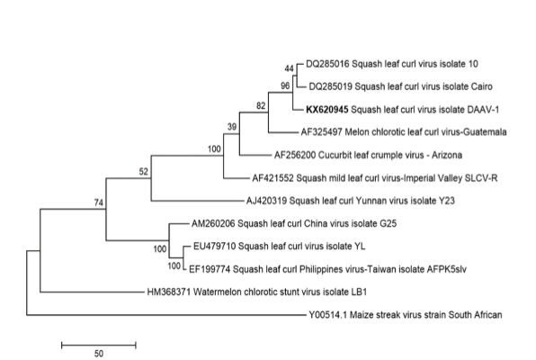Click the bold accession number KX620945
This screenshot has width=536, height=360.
[327, 110]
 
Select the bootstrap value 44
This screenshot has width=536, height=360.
[290, 68]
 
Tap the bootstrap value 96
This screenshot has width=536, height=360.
[285, 85]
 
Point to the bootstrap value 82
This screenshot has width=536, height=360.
[261, 105]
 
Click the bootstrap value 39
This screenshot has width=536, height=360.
[232, 127]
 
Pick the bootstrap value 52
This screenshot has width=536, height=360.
[144, 171]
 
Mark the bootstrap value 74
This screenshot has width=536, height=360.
[98, 202]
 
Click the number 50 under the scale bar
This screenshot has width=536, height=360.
[99, 354]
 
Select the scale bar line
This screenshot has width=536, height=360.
[99, 345]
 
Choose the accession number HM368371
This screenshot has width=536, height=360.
[169, 292]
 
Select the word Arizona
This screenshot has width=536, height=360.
[447, 155]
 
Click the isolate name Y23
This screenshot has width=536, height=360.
[447, 201]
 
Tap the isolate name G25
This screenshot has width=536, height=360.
[389, 223]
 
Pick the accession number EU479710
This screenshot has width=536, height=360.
[214, 247]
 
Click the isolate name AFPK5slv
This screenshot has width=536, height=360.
[446, 269]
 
